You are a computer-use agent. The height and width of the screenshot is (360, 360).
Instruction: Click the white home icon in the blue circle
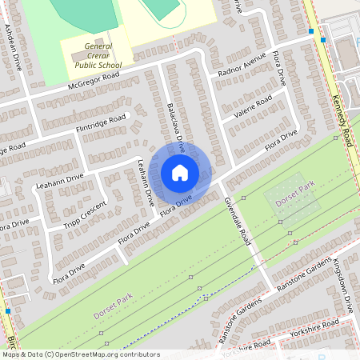point(180,173)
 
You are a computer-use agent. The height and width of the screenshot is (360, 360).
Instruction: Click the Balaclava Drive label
point(176,126)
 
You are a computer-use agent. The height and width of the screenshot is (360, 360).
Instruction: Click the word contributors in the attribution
point(135,354)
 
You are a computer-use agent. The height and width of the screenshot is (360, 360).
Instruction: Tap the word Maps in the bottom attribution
point(12,354)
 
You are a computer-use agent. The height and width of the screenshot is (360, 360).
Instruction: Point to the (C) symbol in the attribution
point(50,354)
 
